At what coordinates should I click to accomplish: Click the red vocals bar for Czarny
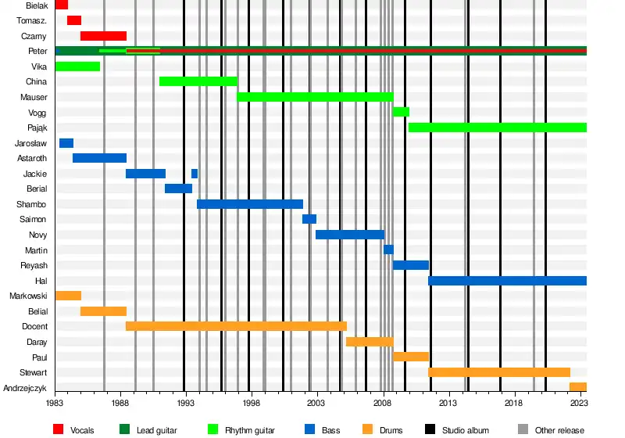click(103, 36)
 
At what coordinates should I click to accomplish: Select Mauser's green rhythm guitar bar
click(315, 97)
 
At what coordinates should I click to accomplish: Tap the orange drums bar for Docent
click(236, 326)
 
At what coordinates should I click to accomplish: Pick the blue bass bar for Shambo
click(249, 204)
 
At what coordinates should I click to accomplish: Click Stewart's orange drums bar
click(498, 372)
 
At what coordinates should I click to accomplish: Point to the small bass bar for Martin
click(388, 250)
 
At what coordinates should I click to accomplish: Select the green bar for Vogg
click(401, 112)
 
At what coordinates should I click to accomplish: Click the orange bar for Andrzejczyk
click(577, 387)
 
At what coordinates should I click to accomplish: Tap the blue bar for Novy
click(349, 235)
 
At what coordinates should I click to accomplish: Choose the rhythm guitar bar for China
click(198, 81)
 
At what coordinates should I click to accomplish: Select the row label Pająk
click(35, 127)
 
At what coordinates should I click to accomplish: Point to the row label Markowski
click(28, 296)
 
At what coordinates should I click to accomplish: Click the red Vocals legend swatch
click(58, 429)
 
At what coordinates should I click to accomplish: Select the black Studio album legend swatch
click(430, 429)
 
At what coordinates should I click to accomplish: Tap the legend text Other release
click(559, 429)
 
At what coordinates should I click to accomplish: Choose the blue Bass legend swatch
click(309, 429)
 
